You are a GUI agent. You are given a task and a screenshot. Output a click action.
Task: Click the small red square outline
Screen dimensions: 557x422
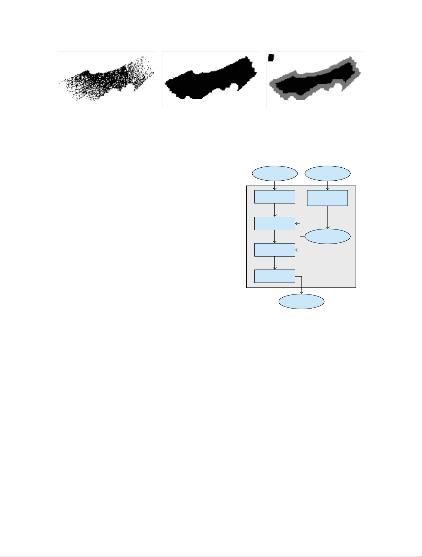(271, 57)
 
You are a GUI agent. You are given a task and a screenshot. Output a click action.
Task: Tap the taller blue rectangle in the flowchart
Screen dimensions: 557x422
(327, 198)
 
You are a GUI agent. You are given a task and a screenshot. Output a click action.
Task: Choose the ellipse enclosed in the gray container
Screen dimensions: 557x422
(327, 237)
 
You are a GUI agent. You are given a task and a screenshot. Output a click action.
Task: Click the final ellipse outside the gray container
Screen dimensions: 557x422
(301, 302)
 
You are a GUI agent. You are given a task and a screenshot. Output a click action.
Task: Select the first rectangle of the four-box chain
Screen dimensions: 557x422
(275, 197)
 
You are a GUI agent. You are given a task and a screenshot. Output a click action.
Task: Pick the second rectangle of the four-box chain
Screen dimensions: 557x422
(275, 224)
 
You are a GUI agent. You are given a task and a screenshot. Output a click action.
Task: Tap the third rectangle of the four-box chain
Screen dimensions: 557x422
(275, 250)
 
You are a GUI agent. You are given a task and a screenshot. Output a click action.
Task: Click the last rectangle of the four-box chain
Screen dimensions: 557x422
(275, 276)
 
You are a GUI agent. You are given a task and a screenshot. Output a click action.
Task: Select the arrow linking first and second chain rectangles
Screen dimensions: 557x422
(275, 210)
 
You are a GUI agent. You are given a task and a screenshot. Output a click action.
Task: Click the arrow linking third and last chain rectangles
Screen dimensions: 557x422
(275, 263)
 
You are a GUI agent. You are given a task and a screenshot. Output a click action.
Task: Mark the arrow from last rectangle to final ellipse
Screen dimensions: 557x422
(301, 285)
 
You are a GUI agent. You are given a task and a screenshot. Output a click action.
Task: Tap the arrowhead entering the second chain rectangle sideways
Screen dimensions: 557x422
(297, 223)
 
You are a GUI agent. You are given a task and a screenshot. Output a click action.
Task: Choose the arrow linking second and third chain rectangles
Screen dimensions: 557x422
(275, 237)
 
